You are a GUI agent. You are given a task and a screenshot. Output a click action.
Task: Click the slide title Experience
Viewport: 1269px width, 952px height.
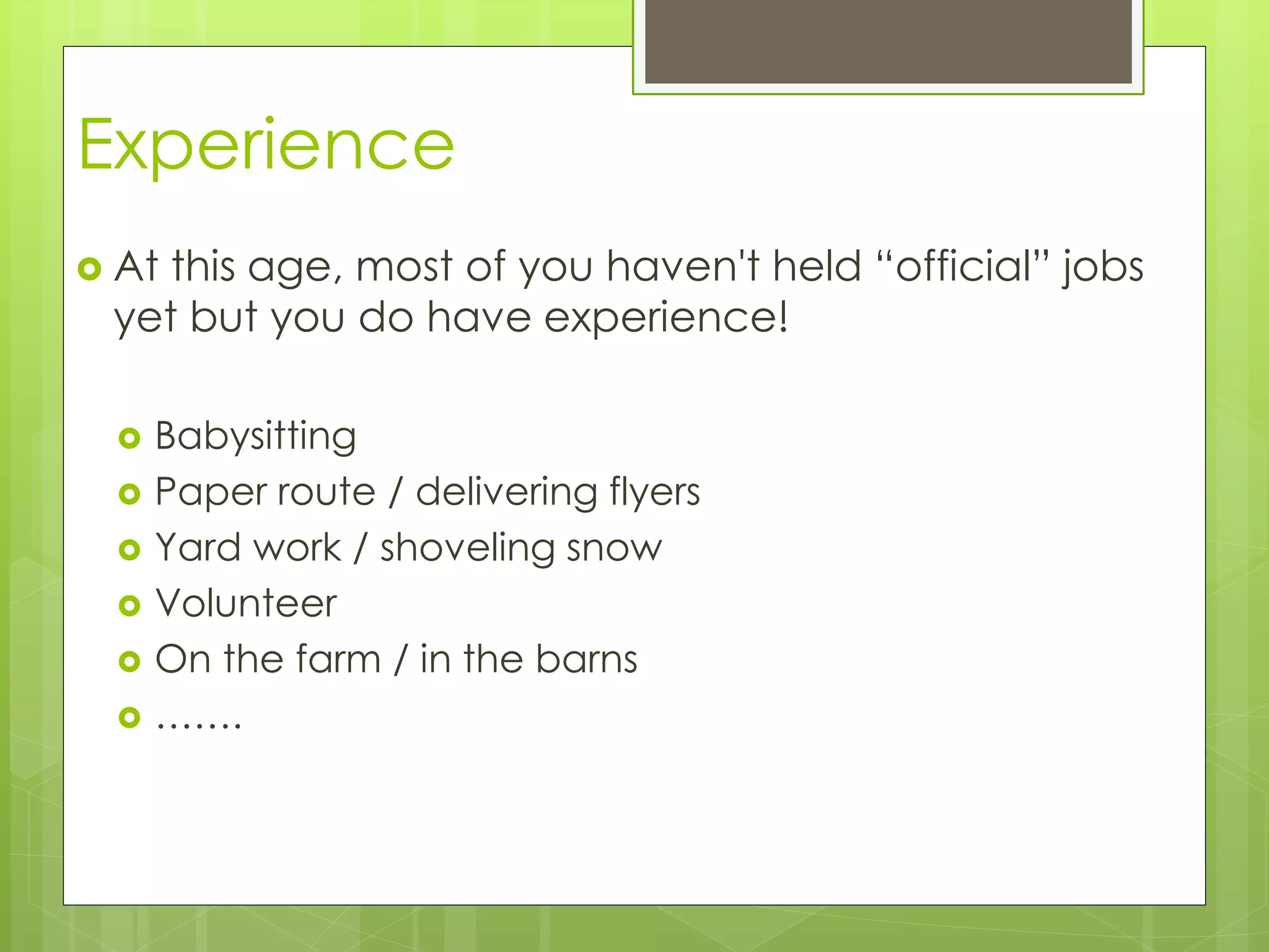tap(266, 146)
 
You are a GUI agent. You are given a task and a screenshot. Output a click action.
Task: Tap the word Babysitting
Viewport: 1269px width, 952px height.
tap(255, 436)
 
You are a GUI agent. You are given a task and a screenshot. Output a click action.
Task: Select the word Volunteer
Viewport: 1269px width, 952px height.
tap(246, 603)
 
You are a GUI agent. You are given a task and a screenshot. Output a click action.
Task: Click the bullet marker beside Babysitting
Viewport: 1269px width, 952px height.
tap(130, 439)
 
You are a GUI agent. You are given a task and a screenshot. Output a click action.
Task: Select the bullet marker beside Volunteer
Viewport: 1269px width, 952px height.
tap(130, 606)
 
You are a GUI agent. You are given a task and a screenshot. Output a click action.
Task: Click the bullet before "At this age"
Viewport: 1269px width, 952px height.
tap(90, 269)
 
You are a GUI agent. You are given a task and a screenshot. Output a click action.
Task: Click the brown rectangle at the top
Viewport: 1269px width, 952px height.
tap(888, 41)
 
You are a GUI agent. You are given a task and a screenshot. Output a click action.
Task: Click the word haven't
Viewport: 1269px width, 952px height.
tap(682, 267)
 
